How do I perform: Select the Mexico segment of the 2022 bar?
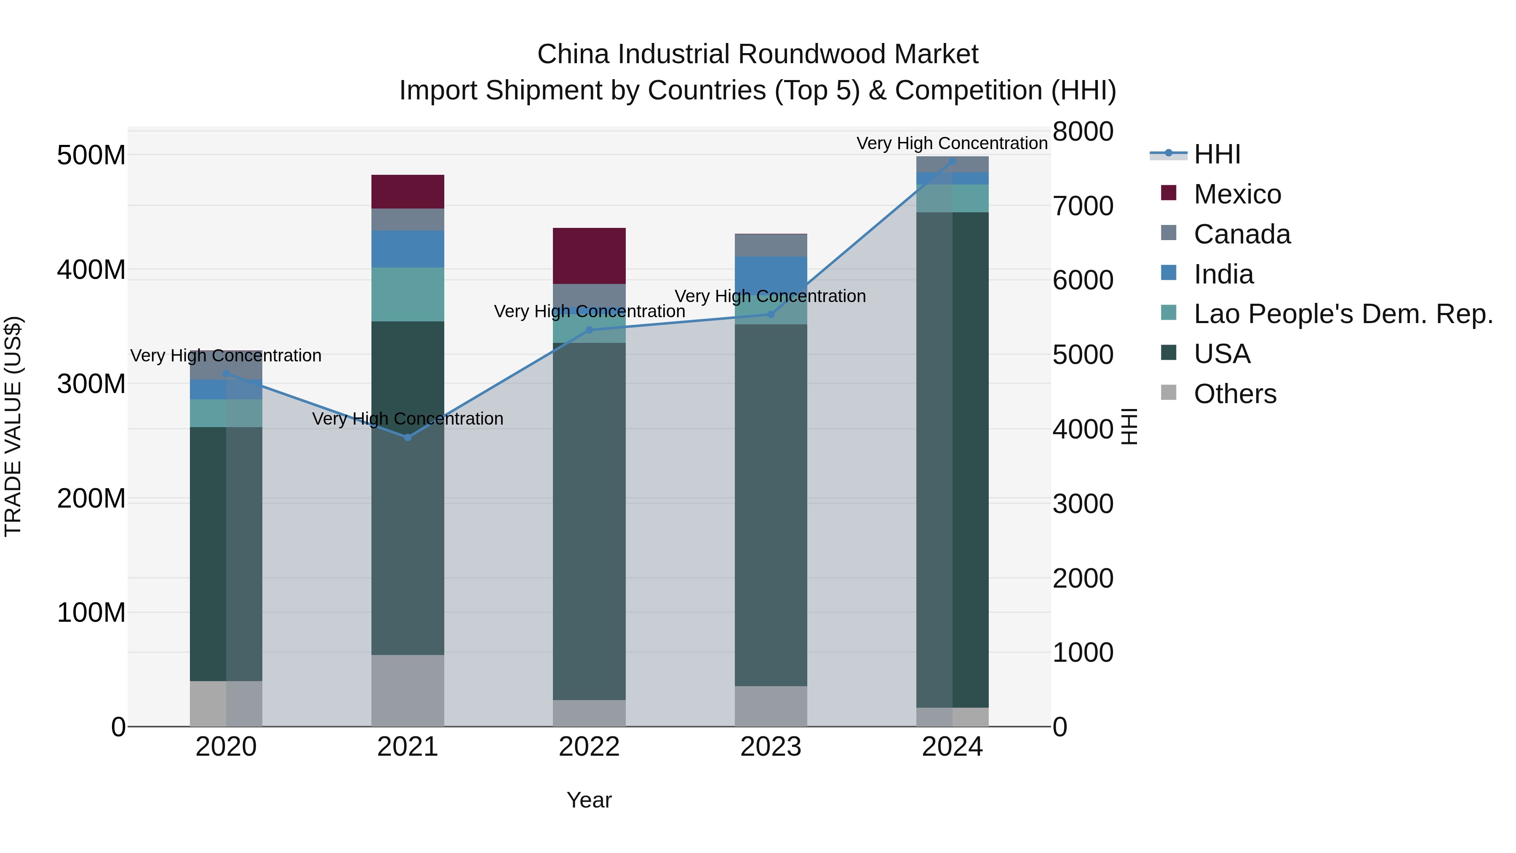click(x=589, y=256)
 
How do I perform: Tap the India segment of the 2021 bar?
click(x=407, y=249)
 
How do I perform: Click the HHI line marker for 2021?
click(x=407, y=437)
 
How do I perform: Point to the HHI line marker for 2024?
click(x=952, y=161)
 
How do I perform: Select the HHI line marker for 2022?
click(x=589, y=330)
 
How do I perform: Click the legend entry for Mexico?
click(x=1237, y=194)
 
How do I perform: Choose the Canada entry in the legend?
click(x=1242, y=234)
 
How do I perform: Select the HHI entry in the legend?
click(x=1217, y=154)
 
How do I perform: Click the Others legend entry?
click(x=1235, y=394)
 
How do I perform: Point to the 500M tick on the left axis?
click(x=91, y=155)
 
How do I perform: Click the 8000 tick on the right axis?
click(x=1082, y=131)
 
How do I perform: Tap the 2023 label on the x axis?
click(x=770, y=747)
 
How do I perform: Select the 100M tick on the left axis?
click(x=91, y=613)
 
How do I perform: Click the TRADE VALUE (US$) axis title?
click(x=13, y=426)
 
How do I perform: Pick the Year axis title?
click(x=589, y=800)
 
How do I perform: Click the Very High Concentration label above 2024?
click(x=952, y=143)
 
